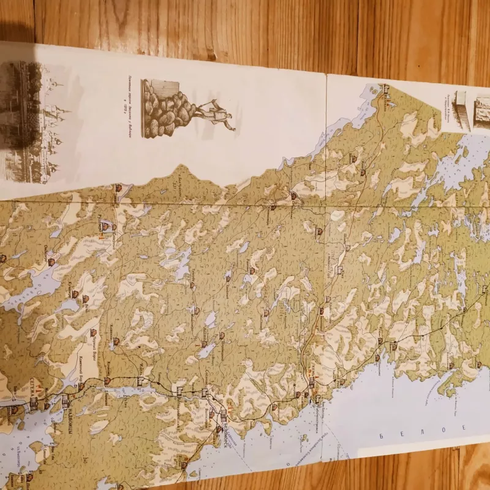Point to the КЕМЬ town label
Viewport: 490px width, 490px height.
(x=314, y=367)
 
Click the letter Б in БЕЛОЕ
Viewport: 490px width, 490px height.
(x=382, y=436)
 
